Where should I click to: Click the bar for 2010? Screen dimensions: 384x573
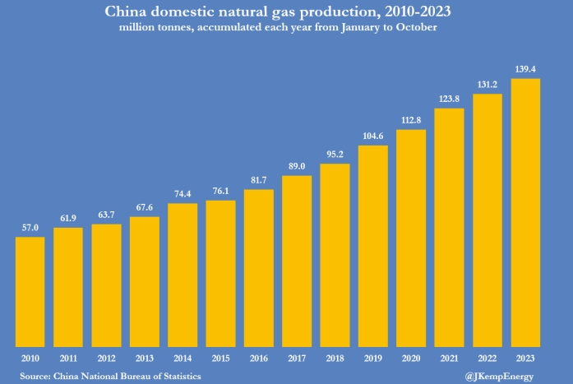[30, 291]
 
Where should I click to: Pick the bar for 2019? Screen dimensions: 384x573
[373, 246]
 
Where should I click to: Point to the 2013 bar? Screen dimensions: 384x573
[144, 281]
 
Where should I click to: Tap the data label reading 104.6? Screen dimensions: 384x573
[373, 137]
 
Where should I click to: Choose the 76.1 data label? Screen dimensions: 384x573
[220, 192]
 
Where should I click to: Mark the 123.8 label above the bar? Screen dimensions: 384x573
[450, 99]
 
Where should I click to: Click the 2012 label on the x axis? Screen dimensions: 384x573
[106, 359]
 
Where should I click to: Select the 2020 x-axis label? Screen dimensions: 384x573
[411, 359]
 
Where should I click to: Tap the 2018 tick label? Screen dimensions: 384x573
[335, 359]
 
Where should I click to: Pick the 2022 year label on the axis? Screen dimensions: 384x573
[488, 359]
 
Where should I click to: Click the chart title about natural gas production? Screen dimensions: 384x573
[286, 12]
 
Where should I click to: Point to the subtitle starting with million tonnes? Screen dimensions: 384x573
[286, 27]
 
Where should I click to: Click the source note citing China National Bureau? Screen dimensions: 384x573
[111, 376]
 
